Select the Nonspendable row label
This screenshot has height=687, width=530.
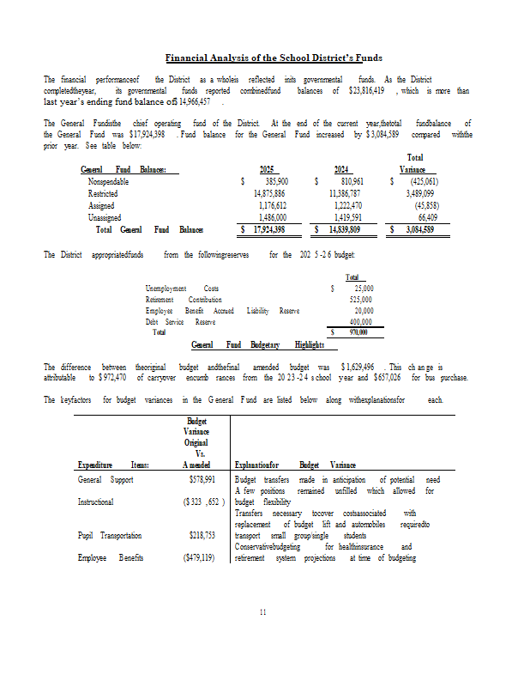pos(109,182)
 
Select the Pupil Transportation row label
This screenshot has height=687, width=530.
pos(110,535)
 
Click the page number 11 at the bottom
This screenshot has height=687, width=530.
pos(265,611)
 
